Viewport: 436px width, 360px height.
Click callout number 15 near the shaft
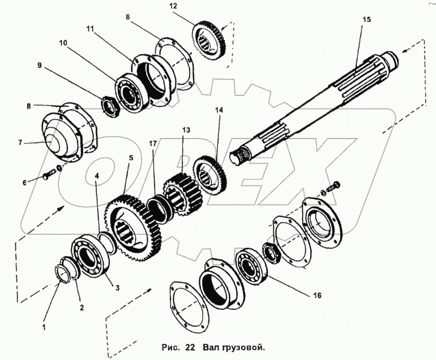366,19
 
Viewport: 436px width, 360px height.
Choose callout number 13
186,131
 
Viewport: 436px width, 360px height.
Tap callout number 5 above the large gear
131,158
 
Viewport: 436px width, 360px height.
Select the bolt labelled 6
47,175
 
